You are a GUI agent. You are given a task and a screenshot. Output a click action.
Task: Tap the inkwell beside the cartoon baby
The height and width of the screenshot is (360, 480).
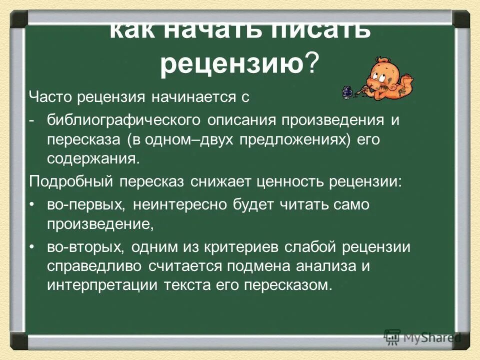point(345,93)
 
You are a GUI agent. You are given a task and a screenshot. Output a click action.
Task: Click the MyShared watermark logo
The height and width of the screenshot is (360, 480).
point(422,337)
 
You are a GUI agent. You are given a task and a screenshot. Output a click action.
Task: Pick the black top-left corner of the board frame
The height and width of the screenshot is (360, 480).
point(19,19)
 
